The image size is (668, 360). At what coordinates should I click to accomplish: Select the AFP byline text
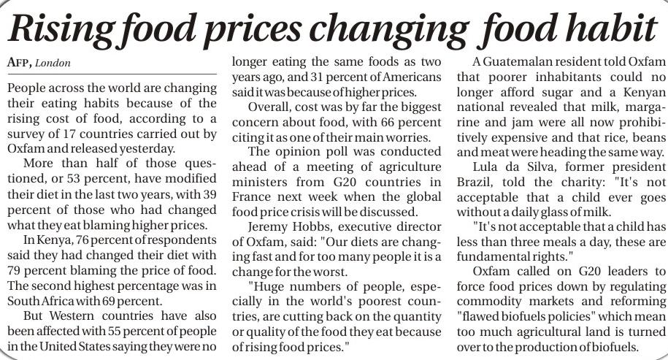20,63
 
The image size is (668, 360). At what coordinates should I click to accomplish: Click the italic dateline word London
55,63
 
